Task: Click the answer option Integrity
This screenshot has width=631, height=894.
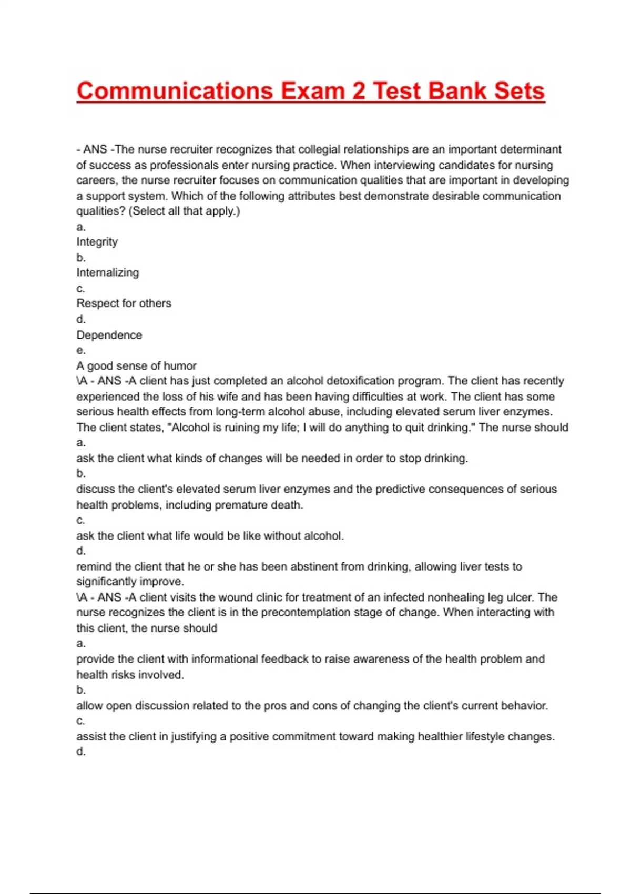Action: coord(97,242)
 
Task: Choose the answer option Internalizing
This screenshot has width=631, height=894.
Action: coord(108,272)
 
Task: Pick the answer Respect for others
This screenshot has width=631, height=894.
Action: coord(124,303)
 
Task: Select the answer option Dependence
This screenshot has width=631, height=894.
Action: coord(109,335)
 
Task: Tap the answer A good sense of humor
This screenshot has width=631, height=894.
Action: coord(136,365)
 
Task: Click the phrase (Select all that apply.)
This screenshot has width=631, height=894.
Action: coord(184,211)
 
